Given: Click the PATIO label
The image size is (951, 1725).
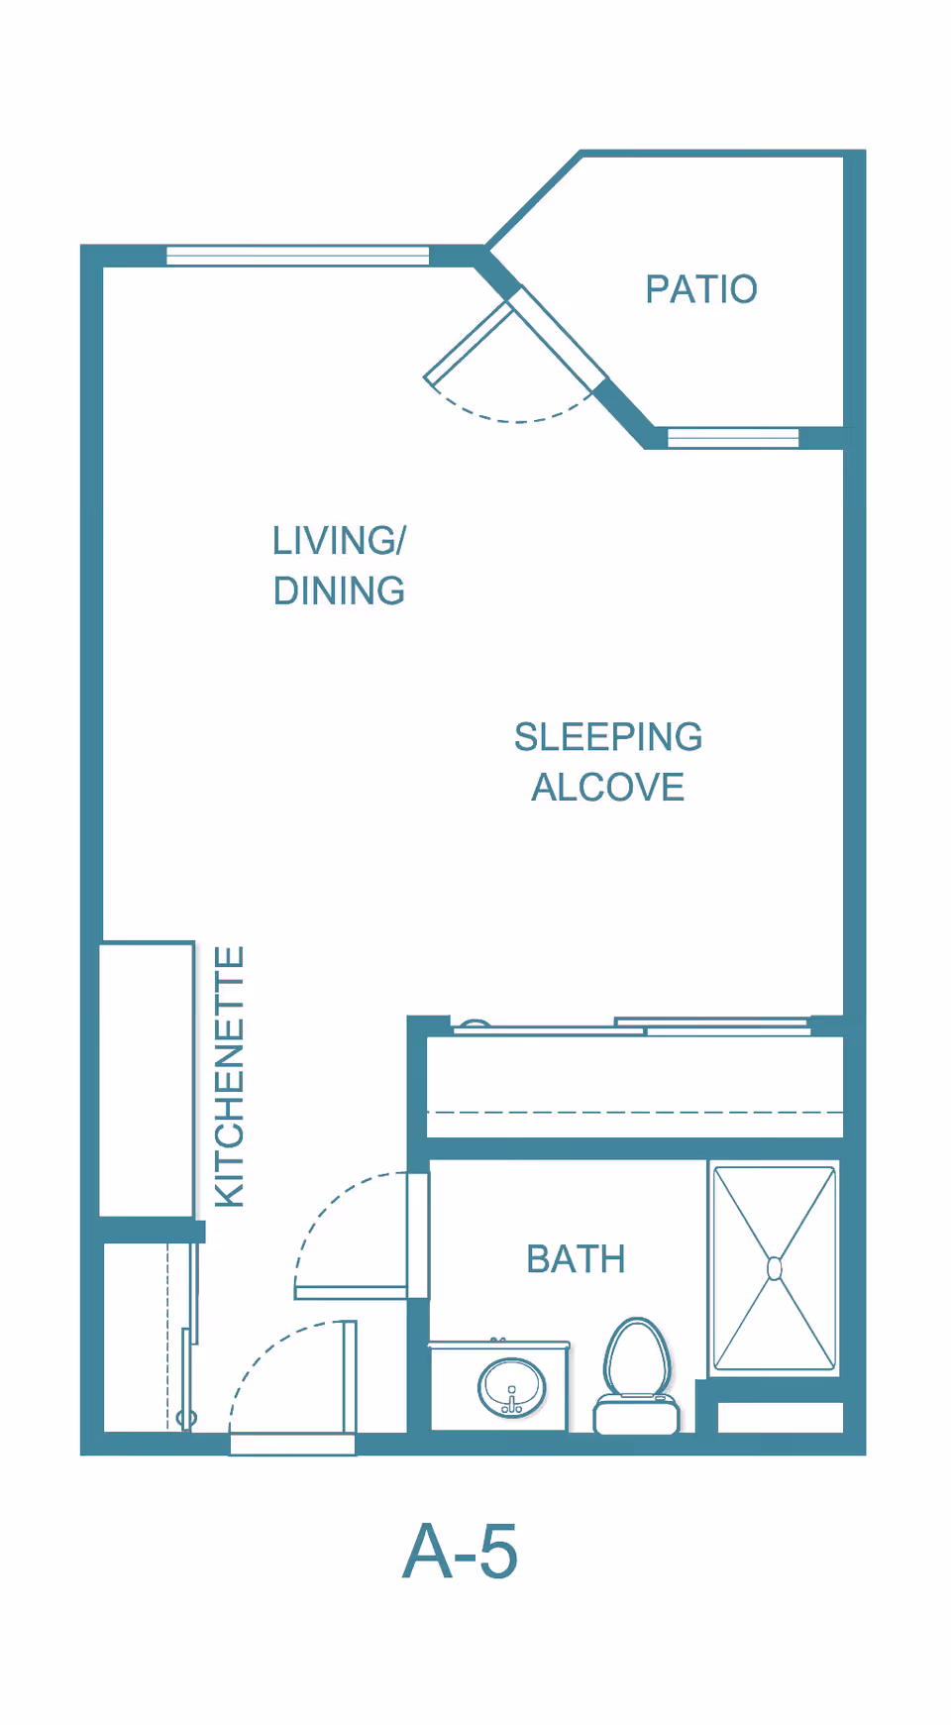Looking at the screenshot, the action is click(x=701, y=289).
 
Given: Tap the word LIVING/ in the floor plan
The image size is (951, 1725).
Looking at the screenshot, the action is click(x=339, y=541).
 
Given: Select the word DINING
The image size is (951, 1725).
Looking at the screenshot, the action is click(x=339, y=592).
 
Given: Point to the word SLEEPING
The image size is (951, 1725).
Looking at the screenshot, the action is click(x=608, y=737).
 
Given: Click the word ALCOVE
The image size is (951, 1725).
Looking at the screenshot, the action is click(x=608, y=788).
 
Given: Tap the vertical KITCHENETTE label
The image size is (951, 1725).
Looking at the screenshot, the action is click(x=230, y=1077).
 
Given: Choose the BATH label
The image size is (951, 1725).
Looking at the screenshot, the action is click(x=576, y=1259).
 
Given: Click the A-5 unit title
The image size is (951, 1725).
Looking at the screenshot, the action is click(x=460, y=1552).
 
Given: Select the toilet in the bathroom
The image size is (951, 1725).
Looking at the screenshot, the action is click(x=637, y=1376).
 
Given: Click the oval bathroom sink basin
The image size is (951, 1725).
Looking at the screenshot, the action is click(x=511, y=1387).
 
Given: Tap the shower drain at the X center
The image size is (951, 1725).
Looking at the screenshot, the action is click(x=775, y=1268).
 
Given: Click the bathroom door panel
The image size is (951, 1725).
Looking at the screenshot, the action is click(x=351, y=1292).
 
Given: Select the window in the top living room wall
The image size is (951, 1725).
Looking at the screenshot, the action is click(x=297, y=256).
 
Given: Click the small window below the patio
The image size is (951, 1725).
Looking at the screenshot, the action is click(x=733, y=437).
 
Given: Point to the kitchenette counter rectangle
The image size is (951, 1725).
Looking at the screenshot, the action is click(x=147, y=1079).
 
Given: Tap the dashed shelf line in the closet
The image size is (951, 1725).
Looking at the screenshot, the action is click(x=635, y=1113).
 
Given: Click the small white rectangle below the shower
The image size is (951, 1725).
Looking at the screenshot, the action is click(x=781, y=1417).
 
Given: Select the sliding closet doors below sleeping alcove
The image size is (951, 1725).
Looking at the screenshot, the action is click(x=632, y=1026).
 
